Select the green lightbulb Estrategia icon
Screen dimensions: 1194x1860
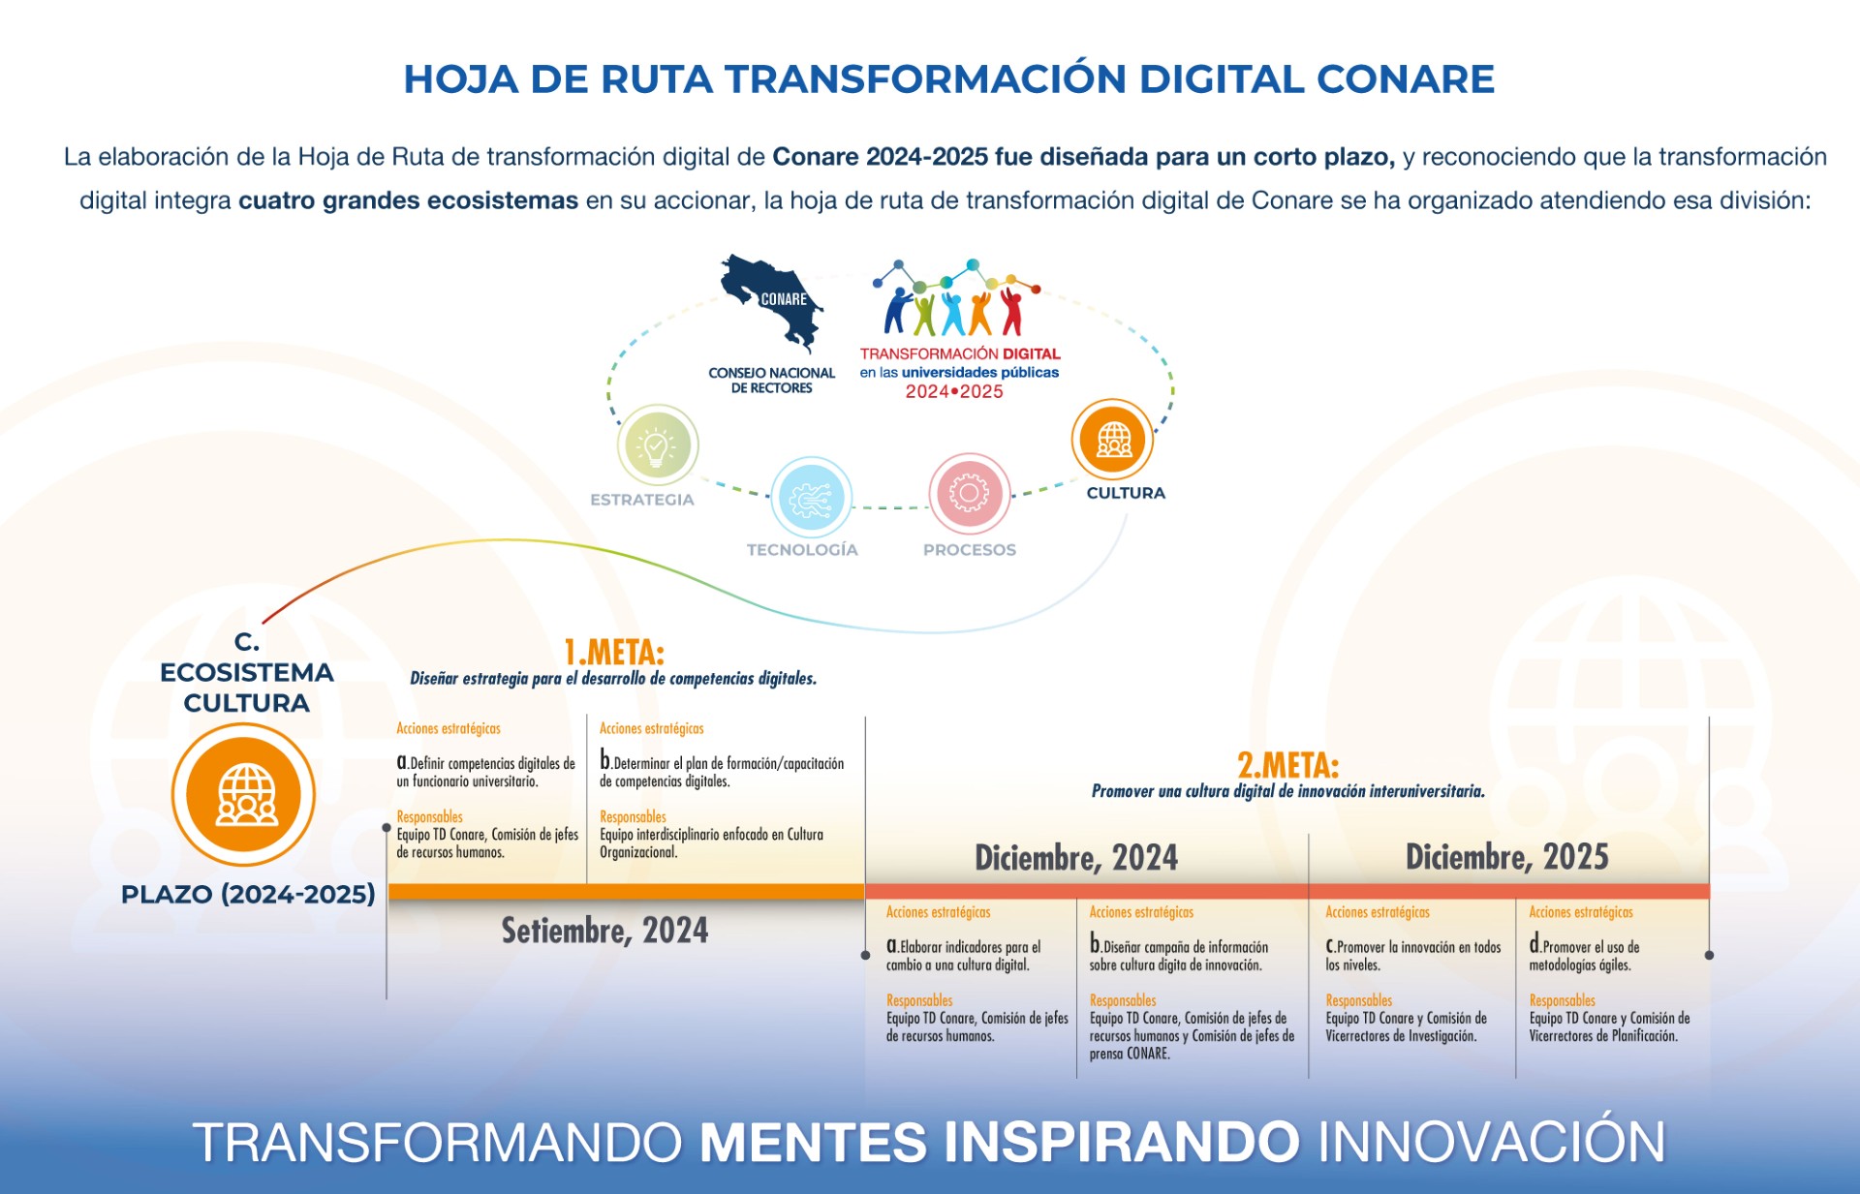point(658,445)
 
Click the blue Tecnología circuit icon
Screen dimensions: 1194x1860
point(811,498)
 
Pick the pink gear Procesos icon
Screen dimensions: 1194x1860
point(969,494)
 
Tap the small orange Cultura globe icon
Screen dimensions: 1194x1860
point(1113,440)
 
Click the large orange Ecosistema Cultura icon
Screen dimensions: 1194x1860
point(244,794)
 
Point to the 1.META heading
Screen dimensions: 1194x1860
point(614,652)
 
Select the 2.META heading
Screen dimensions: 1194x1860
point(1287,766)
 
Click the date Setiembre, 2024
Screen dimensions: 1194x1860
point(604,931)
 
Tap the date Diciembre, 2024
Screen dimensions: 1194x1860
point(1075,858)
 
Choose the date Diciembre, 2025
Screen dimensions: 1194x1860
point(1506,857)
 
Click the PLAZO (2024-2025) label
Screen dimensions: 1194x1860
point(248,894)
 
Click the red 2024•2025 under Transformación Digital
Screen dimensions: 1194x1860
point(954,392)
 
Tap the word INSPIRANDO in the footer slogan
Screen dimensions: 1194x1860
point(1121,1142)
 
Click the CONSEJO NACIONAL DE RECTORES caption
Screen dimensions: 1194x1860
point(771,381)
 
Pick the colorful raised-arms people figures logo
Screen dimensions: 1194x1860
point(954,301)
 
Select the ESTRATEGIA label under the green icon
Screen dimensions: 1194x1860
point(642,500)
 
